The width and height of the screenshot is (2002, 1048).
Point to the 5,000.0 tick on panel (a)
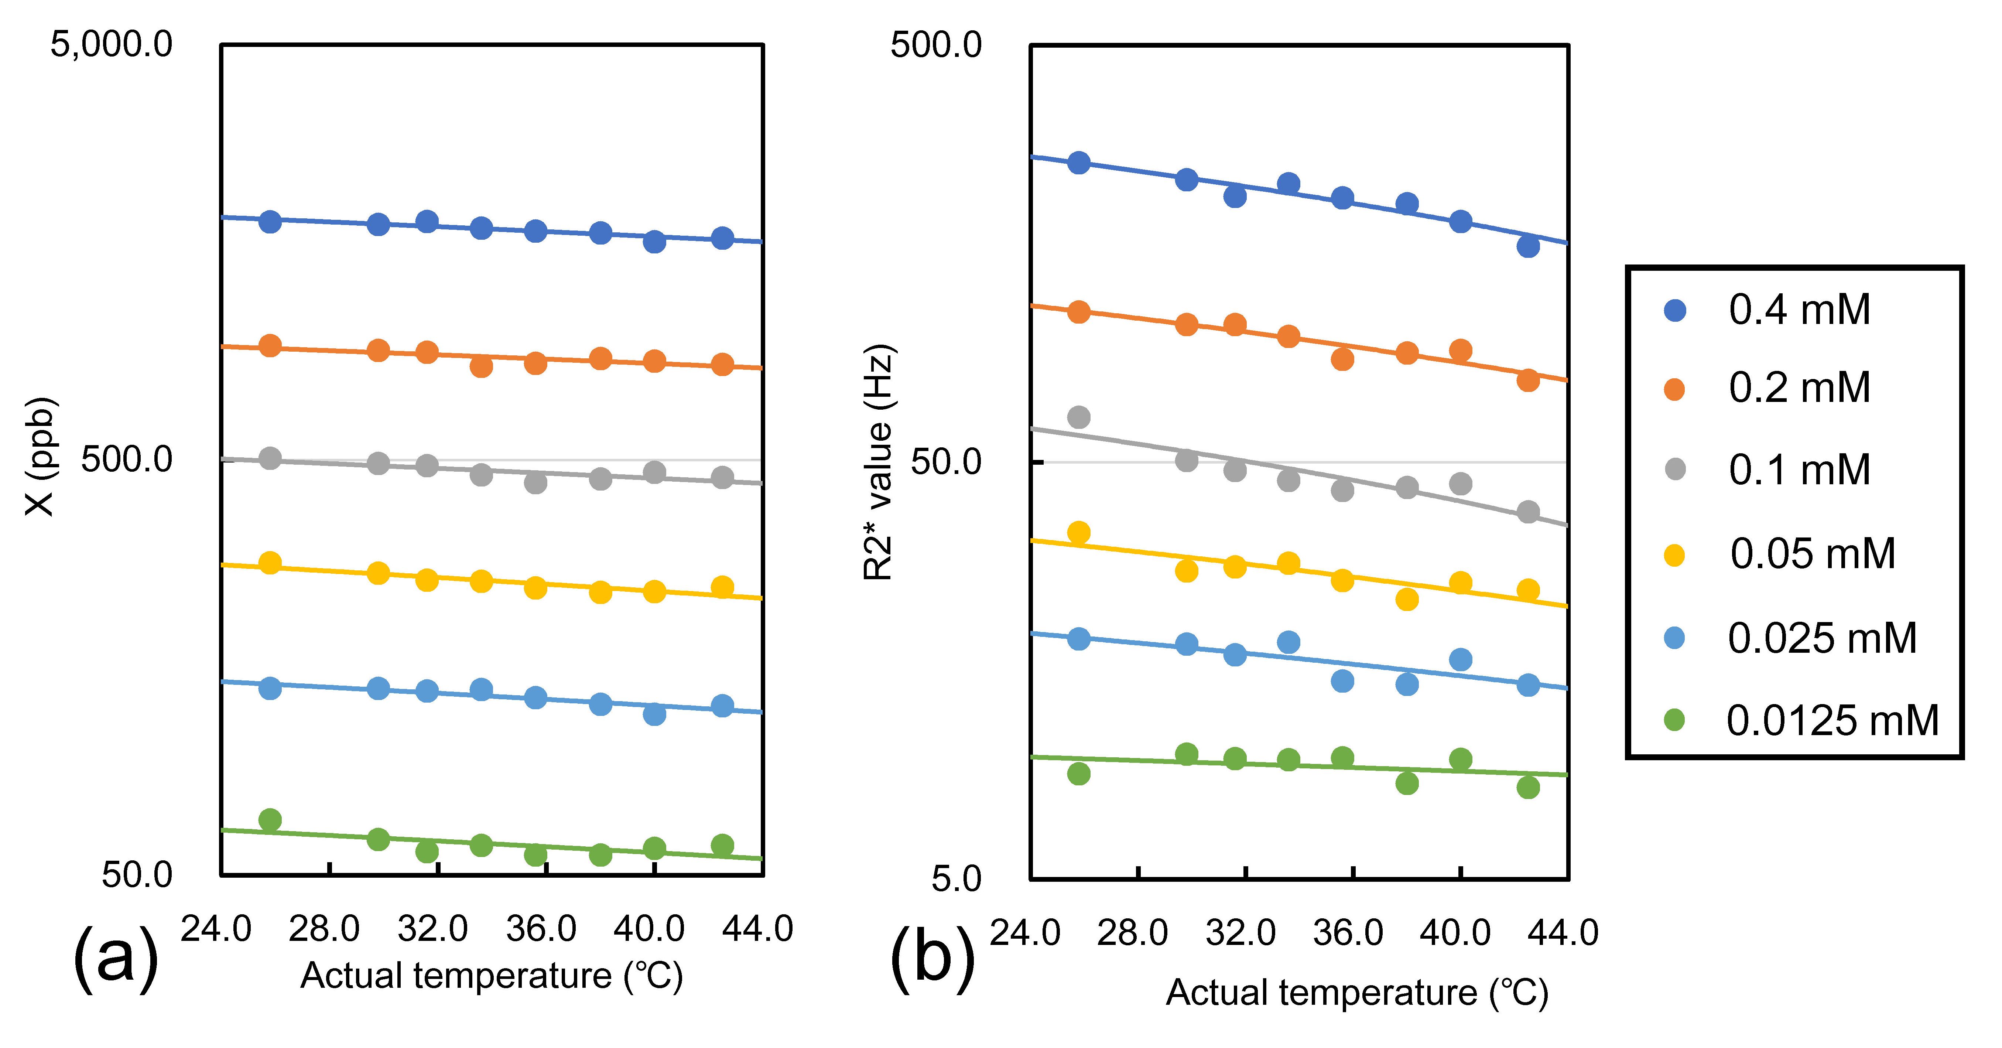111,44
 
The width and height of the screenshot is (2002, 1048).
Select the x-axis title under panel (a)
491,976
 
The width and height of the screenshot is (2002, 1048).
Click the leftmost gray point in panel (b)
1079,417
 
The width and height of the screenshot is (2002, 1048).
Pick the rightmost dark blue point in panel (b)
1528,246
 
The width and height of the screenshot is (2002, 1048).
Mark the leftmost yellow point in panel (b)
1079,533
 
